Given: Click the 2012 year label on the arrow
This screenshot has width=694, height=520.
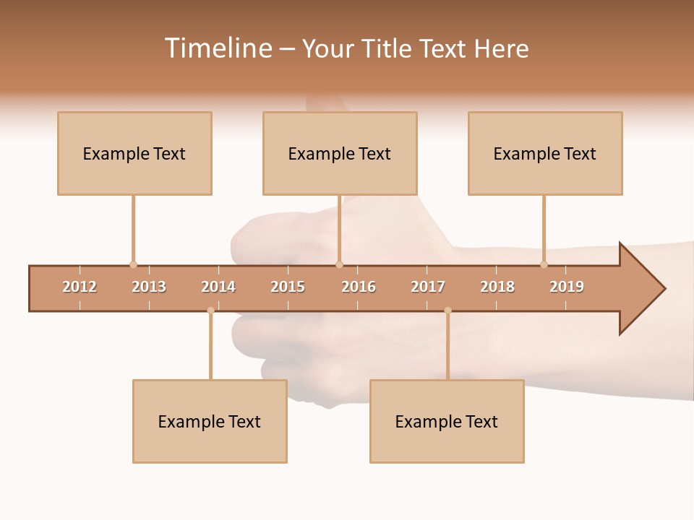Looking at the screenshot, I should pos(80,287).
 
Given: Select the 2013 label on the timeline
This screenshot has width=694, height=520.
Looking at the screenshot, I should pos(149,287).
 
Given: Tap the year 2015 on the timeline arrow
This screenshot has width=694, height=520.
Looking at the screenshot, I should pos(288,287).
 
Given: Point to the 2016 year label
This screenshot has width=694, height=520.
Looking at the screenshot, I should pos(359,287).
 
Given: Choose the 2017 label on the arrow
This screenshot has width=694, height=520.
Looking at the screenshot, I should pos(428,287).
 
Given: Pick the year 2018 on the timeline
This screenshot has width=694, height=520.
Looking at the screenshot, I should pos(497,287).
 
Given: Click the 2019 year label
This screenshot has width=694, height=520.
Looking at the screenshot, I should pos(567,287).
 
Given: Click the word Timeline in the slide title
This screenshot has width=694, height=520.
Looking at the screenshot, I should pos(218,48).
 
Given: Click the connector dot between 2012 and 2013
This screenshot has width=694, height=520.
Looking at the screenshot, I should pos(133,264).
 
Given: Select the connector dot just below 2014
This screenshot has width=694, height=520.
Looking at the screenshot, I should pos(210,311).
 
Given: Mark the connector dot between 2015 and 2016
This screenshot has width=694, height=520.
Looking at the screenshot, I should pos(339,264).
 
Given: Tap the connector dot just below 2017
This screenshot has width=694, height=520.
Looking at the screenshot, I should pos(447,311).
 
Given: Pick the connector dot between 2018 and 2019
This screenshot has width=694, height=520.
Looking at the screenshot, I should pos(544,264).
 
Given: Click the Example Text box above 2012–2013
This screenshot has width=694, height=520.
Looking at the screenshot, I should pos(134,153).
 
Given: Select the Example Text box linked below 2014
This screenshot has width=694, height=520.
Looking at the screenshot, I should pos(210,421).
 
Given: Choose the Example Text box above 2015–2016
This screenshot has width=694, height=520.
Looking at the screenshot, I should pos(340,153).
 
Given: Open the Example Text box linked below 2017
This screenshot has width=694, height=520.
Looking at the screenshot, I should pos(447,421).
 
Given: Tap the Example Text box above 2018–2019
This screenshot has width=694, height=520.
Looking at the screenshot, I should pos(545,153).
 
